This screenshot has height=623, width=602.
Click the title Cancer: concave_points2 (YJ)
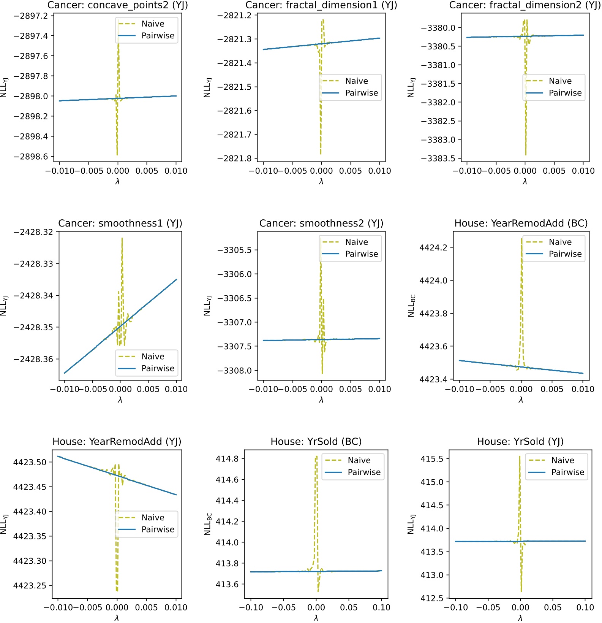pos(117,5)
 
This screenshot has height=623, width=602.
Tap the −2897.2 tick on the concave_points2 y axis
pos(31,16)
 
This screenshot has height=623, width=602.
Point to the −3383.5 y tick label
pos(438,159)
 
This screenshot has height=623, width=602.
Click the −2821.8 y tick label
pos(234,159)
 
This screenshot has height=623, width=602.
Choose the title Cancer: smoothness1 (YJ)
pos(120,223)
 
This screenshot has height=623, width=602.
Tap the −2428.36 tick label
pos(33,359)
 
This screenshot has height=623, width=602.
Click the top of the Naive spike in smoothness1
pos(122,238)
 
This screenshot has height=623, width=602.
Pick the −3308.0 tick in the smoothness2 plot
pos(234,371)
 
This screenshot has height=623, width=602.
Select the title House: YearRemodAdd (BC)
pos(521,223)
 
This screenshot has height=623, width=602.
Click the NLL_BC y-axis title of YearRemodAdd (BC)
pos(411,306)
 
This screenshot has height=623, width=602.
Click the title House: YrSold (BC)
pos(316,441)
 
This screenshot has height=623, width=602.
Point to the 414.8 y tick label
pos(227,459)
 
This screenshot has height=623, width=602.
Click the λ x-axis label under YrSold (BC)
pos(316,618)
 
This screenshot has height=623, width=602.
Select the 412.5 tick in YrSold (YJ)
pos(432,598)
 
